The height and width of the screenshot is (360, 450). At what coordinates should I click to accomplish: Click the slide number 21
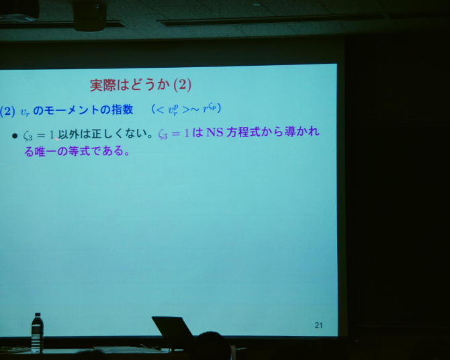coord(318,325)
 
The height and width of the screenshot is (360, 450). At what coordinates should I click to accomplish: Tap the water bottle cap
coord(38,315)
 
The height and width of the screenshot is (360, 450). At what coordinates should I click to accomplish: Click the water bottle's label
coord(37,330)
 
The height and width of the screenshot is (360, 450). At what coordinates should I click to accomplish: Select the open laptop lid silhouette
coord(173,330)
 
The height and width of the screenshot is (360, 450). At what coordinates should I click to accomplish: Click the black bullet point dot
coord(15,136)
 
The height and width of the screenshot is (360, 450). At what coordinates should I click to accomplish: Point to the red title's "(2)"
coord(183,85)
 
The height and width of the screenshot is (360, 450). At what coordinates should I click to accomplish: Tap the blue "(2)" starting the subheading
coord(7,111)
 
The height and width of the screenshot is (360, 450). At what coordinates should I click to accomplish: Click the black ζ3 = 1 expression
coord(38,135)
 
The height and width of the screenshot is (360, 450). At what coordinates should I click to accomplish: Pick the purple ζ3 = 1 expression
coord(174,134)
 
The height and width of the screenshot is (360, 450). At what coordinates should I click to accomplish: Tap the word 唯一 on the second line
coord(45,151)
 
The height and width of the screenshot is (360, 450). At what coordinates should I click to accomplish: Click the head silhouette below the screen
coord(213,345)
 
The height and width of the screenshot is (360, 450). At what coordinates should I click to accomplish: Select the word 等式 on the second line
coord(79,151)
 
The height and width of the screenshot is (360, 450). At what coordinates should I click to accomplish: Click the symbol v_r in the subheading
coord(25,112)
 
